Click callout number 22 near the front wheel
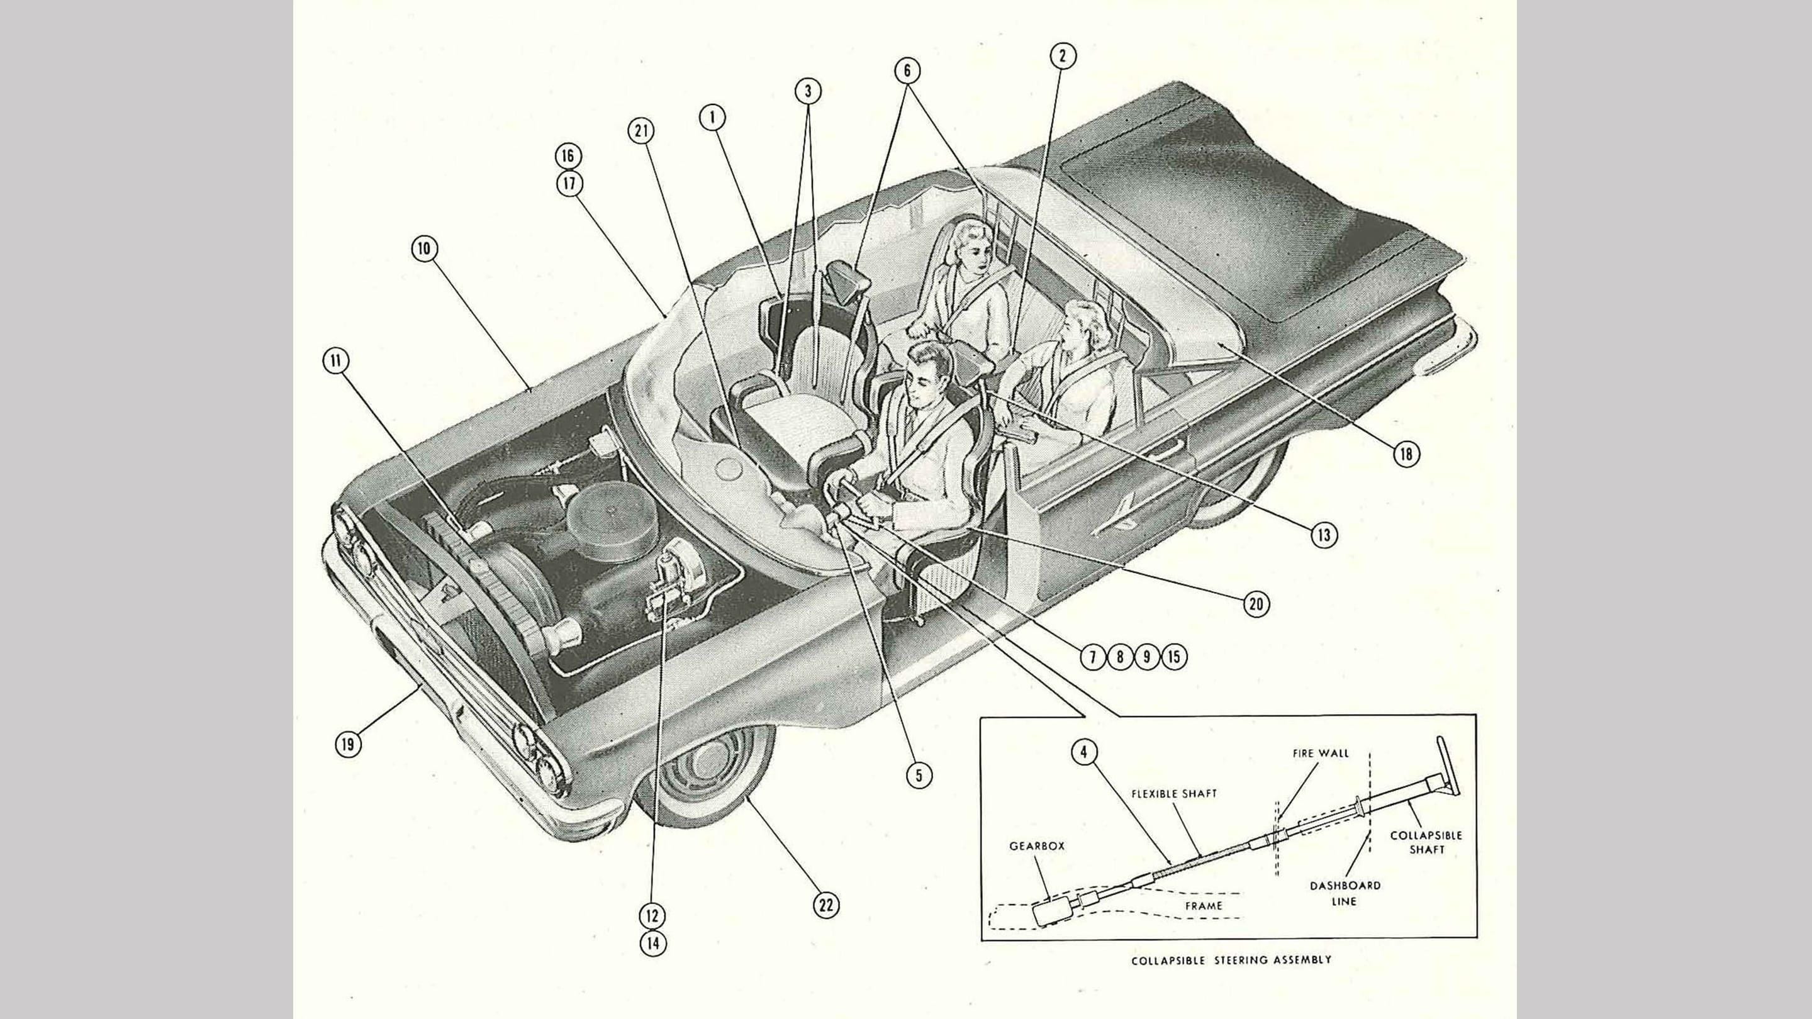[x=826, y=905]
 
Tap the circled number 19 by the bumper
[x=347, y=743]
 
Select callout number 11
[x=335, y=362]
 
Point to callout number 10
[x=425, y=248]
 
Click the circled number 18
[x=1406, y=454]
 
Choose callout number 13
[x=1324, y=535]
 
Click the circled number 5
[x=919, y=775]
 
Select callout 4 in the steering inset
[x=1084, y=752]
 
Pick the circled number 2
[x=1062, y=55]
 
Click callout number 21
[x=641, y=131]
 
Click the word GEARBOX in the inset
[x=1037, y=846]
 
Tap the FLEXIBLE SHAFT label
[x=1174, y=793]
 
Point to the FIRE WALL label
[x=1321, y=753]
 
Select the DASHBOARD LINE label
[x=1345, y=893]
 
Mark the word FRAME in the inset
[x=1204, y=906]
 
